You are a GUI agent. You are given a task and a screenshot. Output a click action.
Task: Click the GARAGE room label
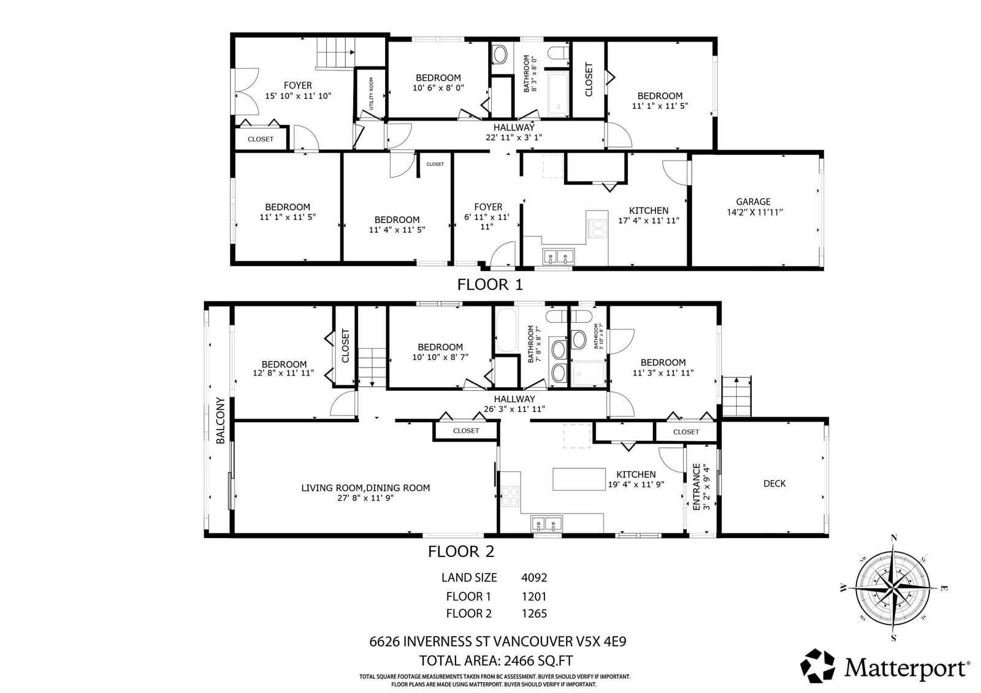point(753,202)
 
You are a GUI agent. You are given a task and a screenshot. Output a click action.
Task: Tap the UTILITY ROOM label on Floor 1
point(372,93)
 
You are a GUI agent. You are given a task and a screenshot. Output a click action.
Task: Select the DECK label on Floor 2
point(774,483)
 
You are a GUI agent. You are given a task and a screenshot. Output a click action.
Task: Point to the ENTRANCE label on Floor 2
point(697,487)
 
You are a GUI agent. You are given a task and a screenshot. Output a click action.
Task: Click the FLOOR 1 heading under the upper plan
point(490,284)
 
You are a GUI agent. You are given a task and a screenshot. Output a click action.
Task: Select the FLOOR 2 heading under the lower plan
point(461,551)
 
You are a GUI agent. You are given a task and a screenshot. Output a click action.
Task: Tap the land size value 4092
point(534,577)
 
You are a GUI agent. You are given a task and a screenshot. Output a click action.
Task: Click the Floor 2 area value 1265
point(534,613)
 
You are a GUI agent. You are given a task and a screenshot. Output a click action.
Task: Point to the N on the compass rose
point(894,538)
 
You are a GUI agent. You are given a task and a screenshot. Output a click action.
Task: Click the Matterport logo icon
point(818,666)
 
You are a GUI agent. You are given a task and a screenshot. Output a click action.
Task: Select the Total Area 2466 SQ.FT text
point(496,661)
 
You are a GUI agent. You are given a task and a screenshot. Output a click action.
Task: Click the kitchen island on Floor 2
point(579,479)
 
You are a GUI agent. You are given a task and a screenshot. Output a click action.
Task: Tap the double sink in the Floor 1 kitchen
point(558,256)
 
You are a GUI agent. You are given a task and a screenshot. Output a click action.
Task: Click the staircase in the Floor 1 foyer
point(335,52)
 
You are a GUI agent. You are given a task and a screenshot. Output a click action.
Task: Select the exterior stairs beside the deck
point(736,396)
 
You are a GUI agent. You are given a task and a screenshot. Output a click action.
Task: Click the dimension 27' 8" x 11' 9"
point(365,498)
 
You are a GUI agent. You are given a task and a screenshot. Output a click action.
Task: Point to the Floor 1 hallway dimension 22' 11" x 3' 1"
point(514,137)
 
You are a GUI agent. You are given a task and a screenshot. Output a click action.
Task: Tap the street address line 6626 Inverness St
point(497,642)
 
